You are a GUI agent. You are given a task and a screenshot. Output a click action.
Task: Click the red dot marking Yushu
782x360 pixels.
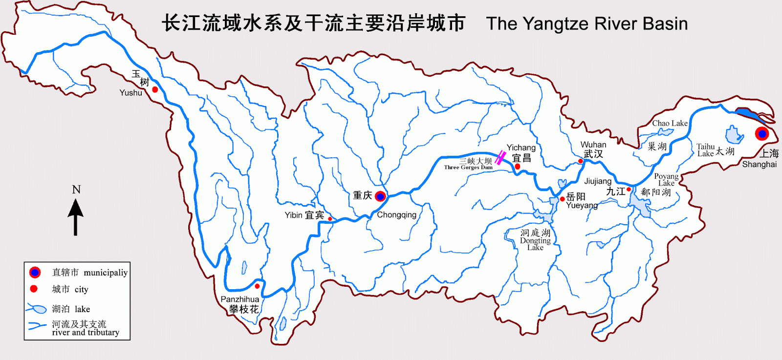coord(155,89)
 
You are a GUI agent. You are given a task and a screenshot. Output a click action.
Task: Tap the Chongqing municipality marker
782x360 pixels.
coord(380,196)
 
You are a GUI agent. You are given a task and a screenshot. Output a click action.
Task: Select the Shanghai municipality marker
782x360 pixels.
coord(762,133)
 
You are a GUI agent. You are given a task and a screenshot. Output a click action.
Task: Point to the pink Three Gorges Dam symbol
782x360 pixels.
coord(500,158)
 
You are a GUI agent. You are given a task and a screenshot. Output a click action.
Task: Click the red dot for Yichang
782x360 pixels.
coord(518,167)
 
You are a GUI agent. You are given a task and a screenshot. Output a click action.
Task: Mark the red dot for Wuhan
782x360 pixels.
coord(581,161)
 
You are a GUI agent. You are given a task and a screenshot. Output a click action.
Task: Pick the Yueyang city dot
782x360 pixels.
coord(563,199)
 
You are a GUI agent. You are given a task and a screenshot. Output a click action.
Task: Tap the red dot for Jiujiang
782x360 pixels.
coord(629,190)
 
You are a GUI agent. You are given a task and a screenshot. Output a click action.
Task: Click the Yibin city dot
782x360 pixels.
coord(330,219)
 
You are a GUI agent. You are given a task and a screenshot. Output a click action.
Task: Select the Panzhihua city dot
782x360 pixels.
coord(257,286)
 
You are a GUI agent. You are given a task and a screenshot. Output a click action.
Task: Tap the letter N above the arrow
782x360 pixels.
coord(76,190)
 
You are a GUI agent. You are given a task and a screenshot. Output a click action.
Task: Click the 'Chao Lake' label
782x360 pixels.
coord(670,123)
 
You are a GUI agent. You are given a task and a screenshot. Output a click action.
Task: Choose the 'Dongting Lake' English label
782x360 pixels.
coord(535,244)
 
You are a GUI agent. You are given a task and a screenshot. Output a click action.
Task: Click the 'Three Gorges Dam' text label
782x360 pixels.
coord(468,168)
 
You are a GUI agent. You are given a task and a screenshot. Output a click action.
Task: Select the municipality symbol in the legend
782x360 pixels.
coord(35,273)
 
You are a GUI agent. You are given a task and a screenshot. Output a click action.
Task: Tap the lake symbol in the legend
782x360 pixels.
coord(37,309)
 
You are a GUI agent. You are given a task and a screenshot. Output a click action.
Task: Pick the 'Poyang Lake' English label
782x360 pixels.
coord(666,179)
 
